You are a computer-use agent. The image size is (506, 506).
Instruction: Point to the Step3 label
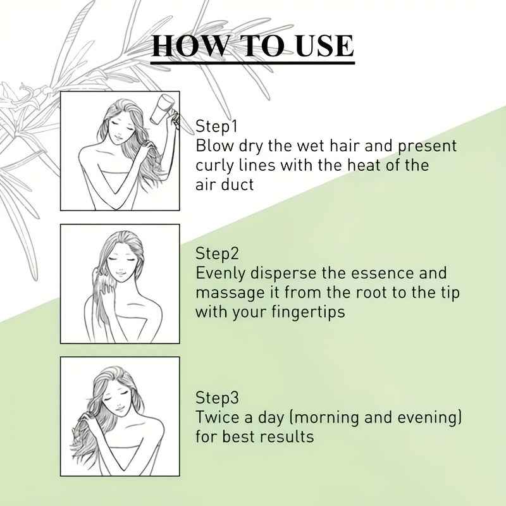(218, 398)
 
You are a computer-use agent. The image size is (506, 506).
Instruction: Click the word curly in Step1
(215, 166)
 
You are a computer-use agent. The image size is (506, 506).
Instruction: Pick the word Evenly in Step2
(221, 274)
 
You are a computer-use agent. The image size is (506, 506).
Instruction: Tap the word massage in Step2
(226, 293)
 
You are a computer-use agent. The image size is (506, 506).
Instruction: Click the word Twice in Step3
(215, 418)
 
